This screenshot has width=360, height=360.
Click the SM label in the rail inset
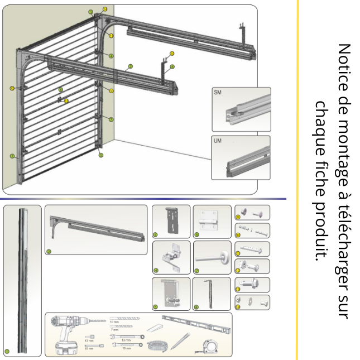point(218,93)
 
